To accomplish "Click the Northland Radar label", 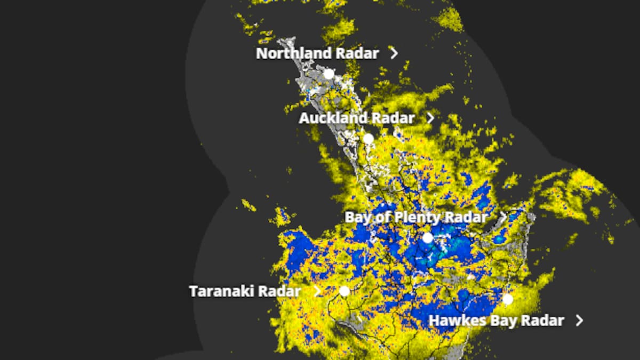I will click(x=317, y=53).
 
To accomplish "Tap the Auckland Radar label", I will click(x=356, y=118).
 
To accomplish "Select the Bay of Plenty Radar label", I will click(x=416, y=218).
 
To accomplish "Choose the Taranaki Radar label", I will click(x=245, y=291).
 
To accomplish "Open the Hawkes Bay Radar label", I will click(x=496, y=321).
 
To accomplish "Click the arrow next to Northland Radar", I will click(x=394, y=53).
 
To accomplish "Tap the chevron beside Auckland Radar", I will click(x=431, y=118).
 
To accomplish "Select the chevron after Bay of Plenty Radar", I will click(x=503, y=217).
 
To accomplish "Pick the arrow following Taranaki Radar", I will click(x=317, y=291).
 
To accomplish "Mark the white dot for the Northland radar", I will click(x=329, y=74).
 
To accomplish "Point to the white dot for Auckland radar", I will click(x=368, y=139).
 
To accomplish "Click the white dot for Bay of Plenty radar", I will click(x=427, y=238).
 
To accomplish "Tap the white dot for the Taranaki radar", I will click(x=345, y=291).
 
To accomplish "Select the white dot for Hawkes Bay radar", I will click(x=507, y=299).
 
